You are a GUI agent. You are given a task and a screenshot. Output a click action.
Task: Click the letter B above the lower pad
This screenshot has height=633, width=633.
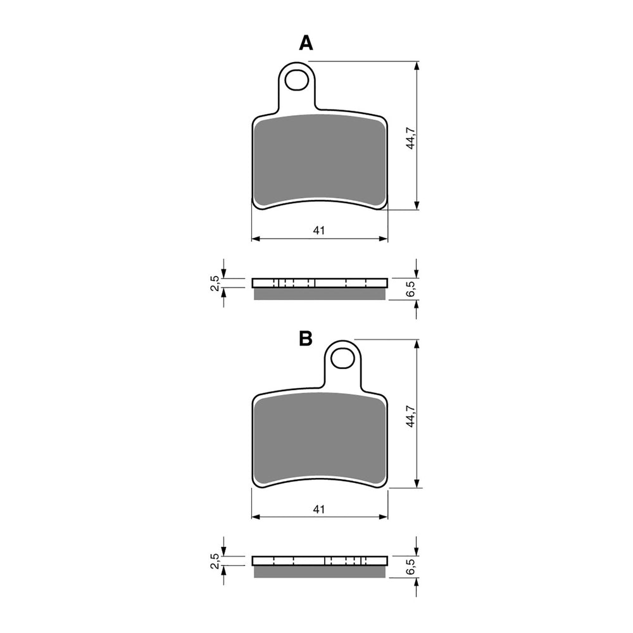click(x=306, y=339)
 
